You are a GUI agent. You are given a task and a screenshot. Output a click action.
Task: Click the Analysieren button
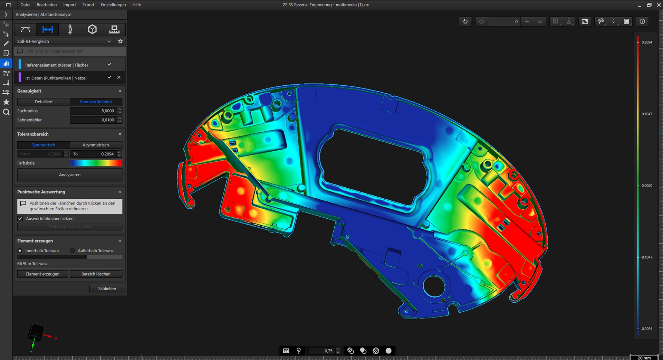click(x=70, y=175)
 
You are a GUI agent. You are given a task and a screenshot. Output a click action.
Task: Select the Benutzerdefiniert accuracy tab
click(x=96, y=102)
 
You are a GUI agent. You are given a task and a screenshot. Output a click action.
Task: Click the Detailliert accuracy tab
click(x=44, y=102)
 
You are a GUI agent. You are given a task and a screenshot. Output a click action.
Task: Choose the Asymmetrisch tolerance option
click(x=96, y=145)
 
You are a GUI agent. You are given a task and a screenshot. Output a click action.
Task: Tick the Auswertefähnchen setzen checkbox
click(x=20, y=219)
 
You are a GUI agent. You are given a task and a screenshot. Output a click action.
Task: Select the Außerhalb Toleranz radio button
click(x=73, y=251)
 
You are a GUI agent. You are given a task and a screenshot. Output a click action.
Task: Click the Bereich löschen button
click(x=96, y=274)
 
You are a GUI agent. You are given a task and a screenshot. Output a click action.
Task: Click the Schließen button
click(x=107, y=288)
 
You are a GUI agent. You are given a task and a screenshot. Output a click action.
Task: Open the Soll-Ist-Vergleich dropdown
click(x=64, y=41)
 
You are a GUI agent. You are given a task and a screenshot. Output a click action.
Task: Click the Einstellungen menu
click(x=113, y=5)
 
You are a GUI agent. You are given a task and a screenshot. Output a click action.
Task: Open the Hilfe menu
click(x=137, y=5)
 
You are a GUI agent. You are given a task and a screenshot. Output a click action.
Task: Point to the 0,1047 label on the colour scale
click(x=647, y=114)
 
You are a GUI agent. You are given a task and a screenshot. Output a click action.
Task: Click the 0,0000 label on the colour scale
click(x=647, y=186)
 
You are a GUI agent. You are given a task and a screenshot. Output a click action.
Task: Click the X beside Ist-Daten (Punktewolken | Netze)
click(x=119, y=77)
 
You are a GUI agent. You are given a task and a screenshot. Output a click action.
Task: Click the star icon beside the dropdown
click(x=120, y=41)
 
